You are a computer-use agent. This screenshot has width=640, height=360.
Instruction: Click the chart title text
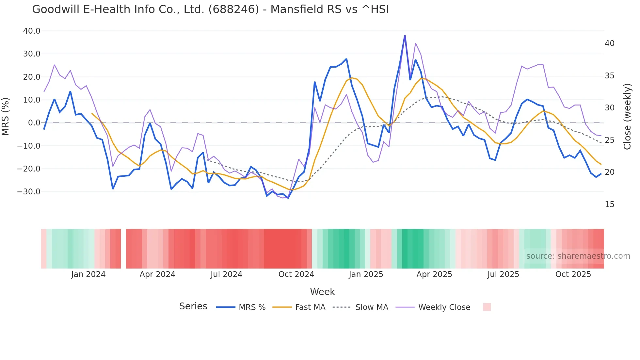[x=210, y=9]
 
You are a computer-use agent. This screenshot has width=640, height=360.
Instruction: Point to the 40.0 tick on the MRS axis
[x=32, y=31]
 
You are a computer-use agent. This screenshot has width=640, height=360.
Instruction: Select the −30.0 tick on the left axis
[x=29, y=192]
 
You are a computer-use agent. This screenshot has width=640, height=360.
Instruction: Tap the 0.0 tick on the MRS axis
[x=34, y=123]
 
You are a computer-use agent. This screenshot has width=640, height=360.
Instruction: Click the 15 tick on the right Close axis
[x=609, y=205]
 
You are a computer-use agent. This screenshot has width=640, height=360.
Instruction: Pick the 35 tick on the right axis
[x=609, y=76]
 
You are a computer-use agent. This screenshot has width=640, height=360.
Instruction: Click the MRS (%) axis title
[x=6, y=116]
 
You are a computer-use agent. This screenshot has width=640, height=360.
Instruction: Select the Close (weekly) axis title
[x=627, y=116]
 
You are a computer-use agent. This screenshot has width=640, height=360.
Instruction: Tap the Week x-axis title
[x=322, y=292]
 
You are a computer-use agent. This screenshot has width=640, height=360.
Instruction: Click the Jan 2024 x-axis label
[x=88, y=274]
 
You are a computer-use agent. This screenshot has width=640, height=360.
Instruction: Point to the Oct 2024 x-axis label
[x=296, y=274]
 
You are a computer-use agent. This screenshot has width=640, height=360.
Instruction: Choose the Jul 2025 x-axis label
[x=503, y=274]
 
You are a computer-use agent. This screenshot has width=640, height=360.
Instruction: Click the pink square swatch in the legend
[x=487, y=307]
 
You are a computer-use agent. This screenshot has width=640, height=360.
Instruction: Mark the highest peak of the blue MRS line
[x=405, y=36]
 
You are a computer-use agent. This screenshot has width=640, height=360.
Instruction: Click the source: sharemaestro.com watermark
[x=578, y=256]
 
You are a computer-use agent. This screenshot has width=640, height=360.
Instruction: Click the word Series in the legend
[x=193, y=306]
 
